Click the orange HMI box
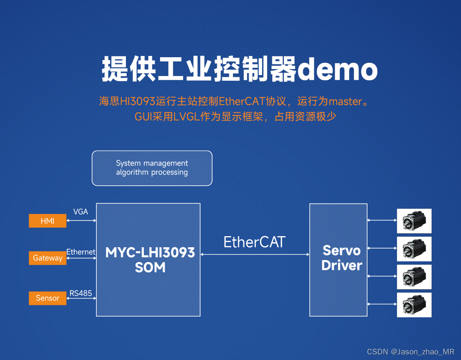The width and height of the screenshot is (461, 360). pos(47,221)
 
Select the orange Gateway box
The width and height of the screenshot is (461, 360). pos(47,258)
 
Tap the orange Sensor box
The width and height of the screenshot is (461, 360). pos(47,298)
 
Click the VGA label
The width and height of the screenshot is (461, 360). pos(81,212)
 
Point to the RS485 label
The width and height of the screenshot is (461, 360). pos(81,293)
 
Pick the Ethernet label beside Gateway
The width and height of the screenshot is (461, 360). pos(81,252)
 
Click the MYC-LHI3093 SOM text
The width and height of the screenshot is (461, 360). pos(150,260)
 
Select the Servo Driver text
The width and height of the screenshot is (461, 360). pos(341,258)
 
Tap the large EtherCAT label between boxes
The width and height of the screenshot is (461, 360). pos(254,242)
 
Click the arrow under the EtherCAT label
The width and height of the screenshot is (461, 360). pos(255,255)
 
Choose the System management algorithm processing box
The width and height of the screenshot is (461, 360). pos(152,168)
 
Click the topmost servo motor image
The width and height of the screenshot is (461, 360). pos(414,221)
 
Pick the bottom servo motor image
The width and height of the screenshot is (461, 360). pos(414,305)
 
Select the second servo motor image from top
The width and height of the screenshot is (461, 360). pos(414,249)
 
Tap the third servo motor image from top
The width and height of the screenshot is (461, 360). pos(414,277)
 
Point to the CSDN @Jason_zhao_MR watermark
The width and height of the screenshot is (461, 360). pos(411,351)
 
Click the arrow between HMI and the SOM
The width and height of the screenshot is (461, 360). pos(82,220)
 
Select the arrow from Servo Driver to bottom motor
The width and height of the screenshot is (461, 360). pos(382,304)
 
